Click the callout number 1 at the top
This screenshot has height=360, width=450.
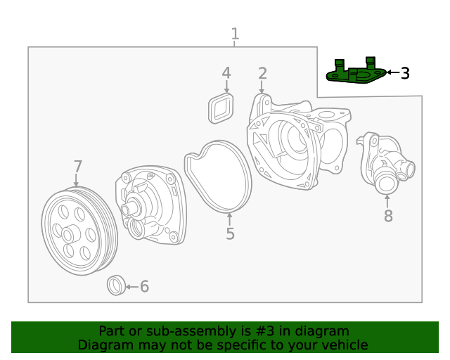point(235,34)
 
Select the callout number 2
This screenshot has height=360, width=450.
point(262,73)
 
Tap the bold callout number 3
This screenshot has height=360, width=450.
point(405,72)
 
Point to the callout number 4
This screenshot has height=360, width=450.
point(226,72)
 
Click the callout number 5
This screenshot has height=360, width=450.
point(230,233)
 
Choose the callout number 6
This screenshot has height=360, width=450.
point(144,286)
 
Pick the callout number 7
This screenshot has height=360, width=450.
point(78,167)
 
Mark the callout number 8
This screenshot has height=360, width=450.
point(388,216)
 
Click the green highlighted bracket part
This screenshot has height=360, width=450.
point(356,73)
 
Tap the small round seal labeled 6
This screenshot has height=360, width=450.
point(115,285)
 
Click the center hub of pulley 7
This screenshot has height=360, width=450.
point(70,234)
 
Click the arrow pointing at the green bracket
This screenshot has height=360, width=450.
point(392,72)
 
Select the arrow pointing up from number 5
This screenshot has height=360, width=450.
point(229,217)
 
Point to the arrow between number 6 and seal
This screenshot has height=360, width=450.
point(131,286)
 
